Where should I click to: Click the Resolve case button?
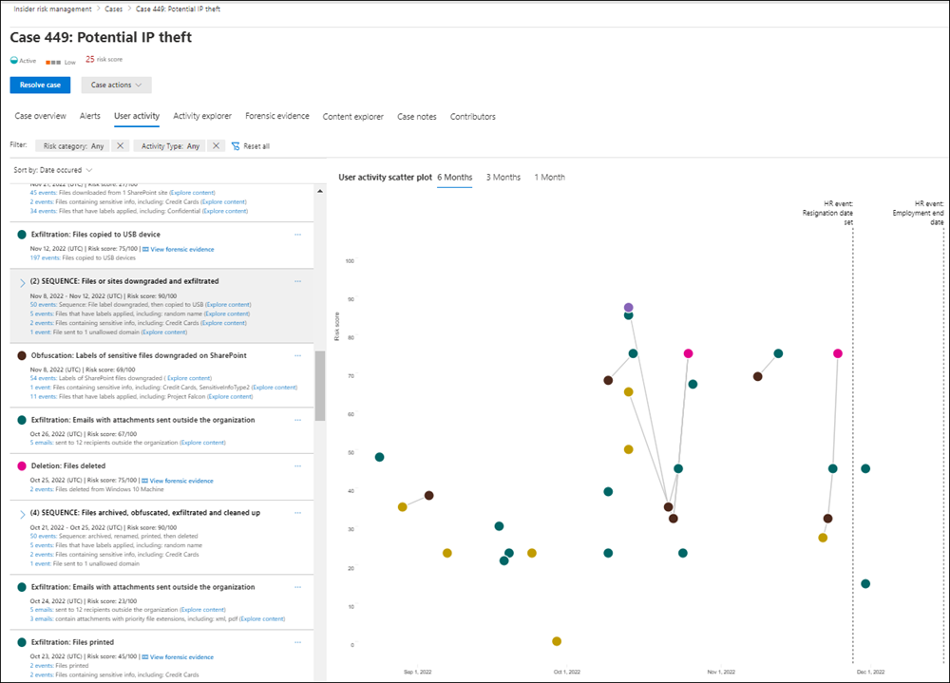click(40, 85)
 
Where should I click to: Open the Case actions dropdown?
click(116, 85)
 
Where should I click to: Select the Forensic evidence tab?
click(276, 116)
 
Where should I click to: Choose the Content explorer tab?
click(352, 117)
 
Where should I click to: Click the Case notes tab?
click(417, 117)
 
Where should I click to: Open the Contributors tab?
click(472, 117)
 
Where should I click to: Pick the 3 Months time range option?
click(503, 178)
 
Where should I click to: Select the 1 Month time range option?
click(549, 178)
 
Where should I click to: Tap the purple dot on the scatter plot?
click(629, 308)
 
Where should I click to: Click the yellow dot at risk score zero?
click(557, 641)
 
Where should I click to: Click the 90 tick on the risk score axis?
click(350, 299)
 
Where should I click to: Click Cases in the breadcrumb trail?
click(113, 9)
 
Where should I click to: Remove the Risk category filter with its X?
click(120, 146)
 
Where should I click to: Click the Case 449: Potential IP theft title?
click(101, 37)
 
